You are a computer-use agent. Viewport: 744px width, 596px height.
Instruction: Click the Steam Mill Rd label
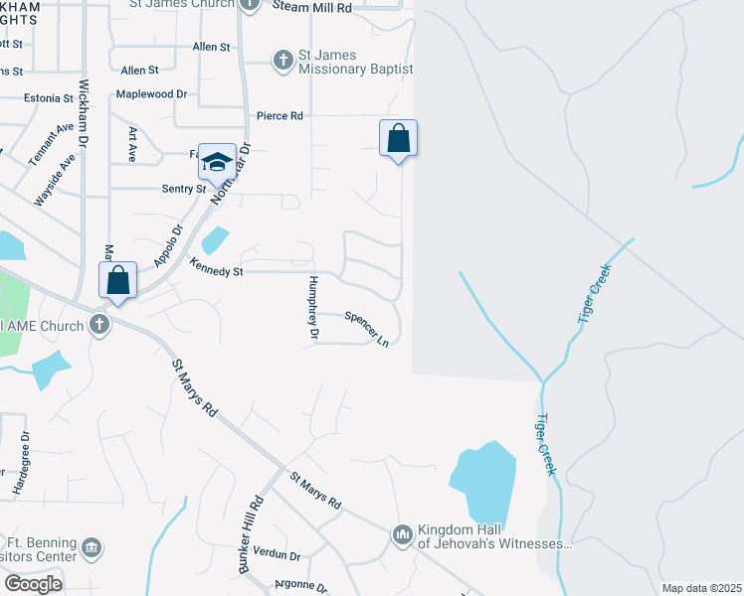[x=311, y=7]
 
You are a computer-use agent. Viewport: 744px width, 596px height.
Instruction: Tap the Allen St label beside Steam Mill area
[x=211, y=47]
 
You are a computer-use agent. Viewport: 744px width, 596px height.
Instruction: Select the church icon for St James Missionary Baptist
[x=282, y=61]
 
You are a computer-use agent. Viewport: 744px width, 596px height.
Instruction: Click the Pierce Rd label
[x=279, y=116]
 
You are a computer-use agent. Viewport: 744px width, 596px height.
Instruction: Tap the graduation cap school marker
[x=217, y=162]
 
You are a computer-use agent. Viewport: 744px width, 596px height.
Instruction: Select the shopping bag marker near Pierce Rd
[x=398, y=138]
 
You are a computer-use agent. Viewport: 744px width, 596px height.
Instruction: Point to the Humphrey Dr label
[x=312, y=309]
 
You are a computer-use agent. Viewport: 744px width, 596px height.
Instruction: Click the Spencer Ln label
[x=366, y=329]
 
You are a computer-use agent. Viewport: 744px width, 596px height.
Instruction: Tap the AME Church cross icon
[x=98, y=324]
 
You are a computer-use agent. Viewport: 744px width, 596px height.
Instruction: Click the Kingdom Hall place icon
[x=403, y=535]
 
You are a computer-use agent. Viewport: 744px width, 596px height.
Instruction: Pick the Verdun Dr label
[x=277, y=554]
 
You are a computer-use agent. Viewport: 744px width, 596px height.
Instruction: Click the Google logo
[x=34, y=583]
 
